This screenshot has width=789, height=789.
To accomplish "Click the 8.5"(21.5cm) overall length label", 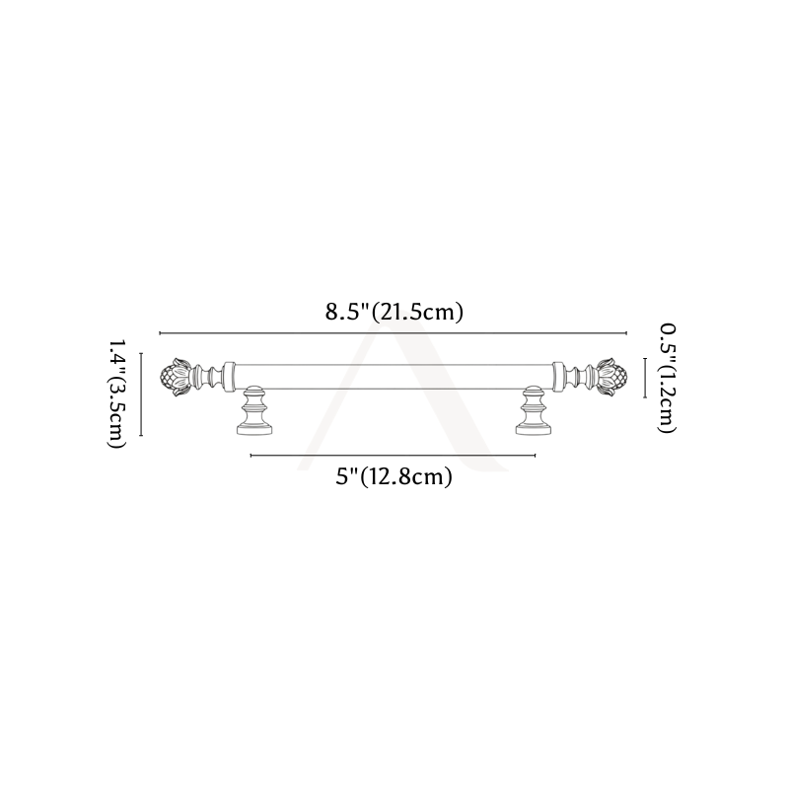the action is point(394,313).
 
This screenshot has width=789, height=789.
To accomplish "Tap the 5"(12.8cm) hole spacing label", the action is point(394,476).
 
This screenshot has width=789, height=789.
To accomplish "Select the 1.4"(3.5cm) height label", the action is point(116,394).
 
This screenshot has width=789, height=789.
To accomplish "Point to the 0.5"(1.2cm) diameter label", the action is point(668,378).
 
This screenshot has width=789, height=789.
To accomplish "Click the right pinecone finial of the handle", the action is point(611,377).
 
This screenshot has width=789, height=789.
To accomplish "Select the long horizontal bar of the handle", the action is point(394,377).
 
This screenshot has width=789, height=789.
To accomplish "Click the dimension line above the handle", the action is point(393,333).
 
